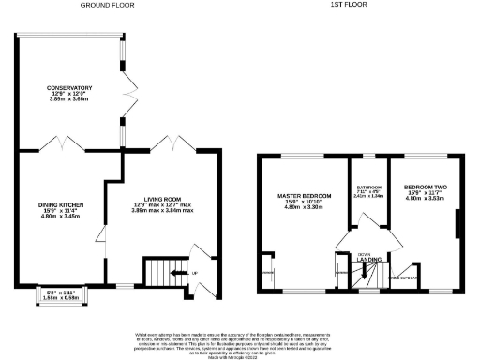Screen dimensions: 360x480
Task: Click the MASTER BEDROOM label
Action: pyautogui.click(x=300, y=196)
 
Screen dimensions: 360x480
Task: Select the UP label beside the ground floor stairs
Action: pyautogui.click(x=195, y=273)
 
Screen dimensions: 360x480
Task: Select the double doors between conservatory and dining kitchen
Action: pyautogui.click(x=64, y=144)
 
